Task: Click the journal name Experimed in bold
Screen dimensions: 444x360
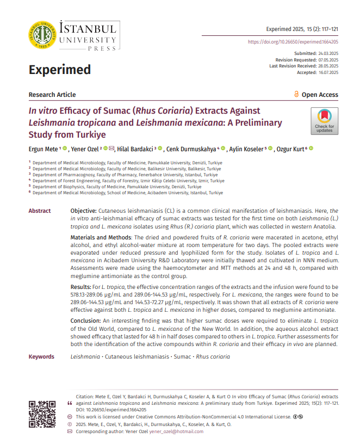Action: (59, 70)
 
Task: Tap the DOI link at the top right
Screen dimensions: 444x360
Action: (293, 42)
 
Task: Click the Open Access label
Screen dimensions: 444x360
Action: (319, 95)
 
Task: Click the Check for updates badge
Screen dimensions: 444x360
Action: (324, 121)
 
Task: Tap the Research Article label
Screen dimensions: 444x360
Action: (52, 95)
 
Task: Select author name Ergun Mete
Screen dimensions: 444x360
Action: (43, 149)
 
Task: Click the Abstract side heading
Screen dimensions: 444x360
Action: (40, 211)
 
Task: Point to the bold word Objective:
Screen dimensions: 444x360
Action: (84, 211)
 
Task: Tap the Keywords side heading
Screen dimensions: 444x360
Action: (41, 356)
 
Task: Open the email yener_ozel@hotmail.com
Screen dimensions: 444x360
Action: (176, 431)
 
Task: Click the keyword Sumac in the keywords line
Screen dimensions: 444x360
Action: (181, 356)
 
